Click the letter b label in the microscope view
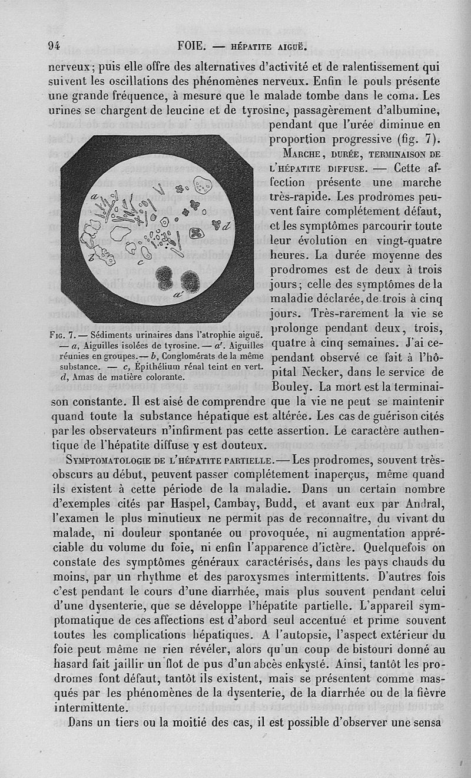pyautogui.click(x=92, y=256)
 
